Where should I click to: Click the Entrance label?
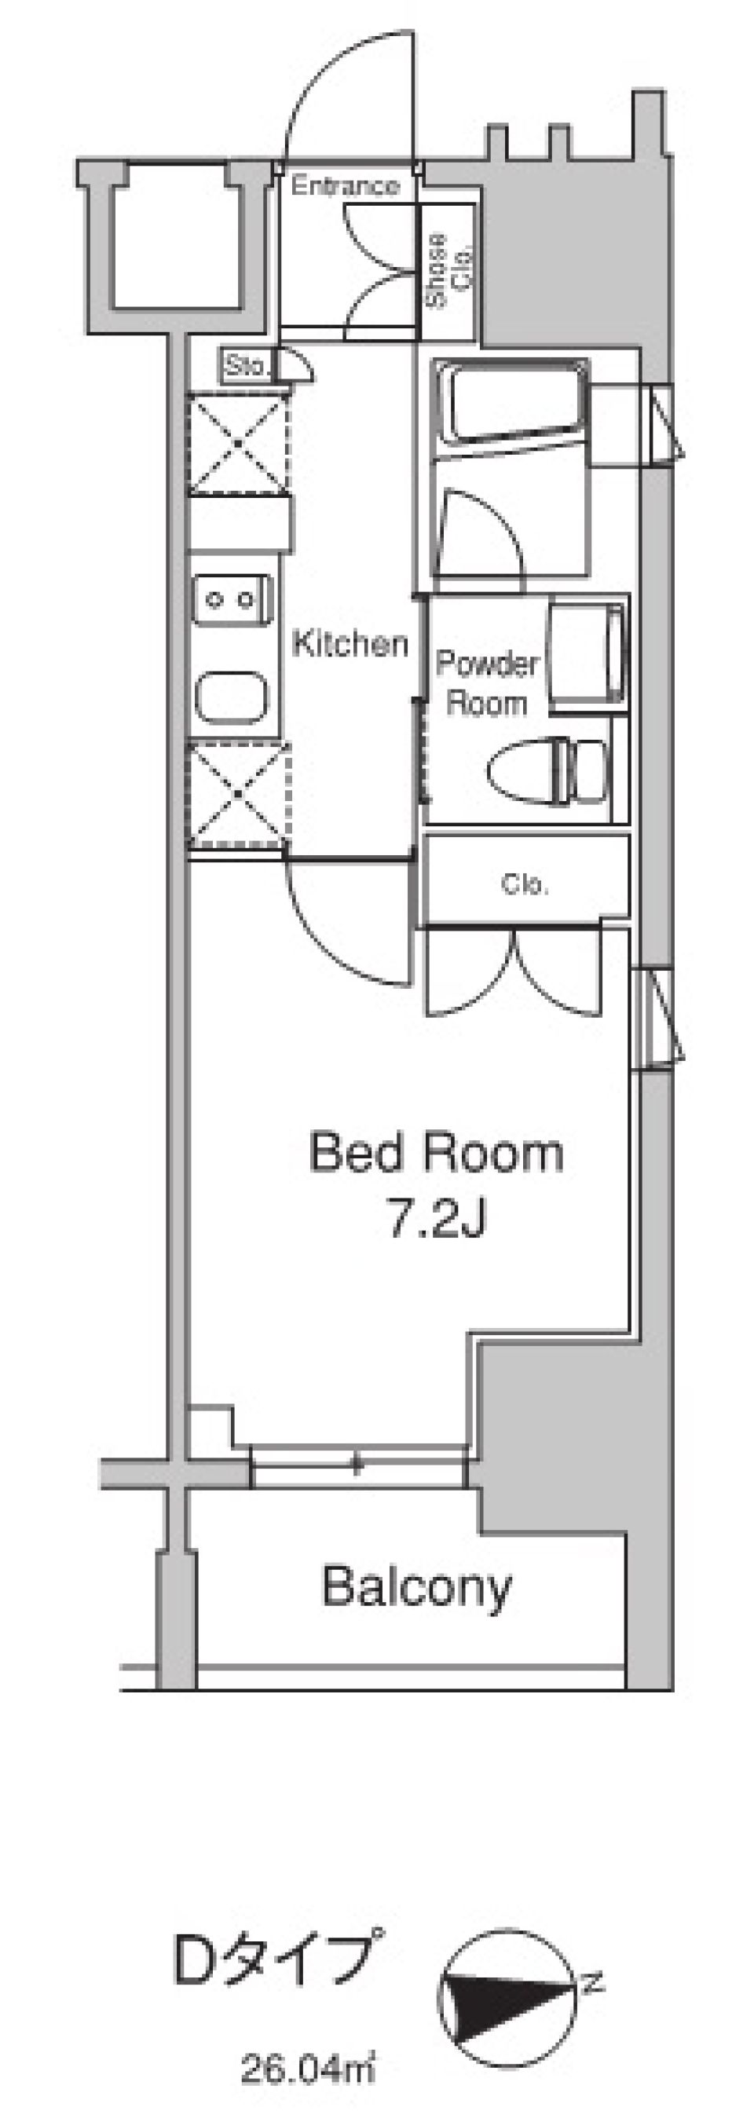pos(345,186)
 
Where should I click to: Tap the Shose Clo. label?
pos(449,270)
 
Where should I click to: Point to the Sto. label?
pos(246,365)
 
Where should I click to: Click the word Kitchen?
pos(350,644)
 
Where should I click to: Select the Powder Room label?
pos(488,682)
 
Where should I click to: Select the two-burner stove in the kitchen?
pos(232,600)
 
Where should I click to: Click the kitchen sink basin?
pos(232,699)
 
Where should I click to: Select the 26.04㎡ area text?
pos(308,2070)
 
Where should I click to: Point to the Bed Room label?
pos(437,1152)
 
